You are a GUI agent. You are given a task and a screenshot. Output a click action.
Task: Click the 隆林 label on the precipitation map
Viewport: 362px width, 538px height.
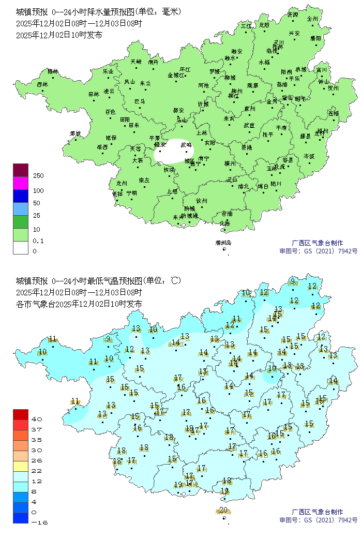point(53,71)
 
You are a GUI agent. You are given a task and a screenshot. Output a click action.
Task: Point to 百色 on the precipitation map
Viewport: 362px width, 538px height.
point(110,111)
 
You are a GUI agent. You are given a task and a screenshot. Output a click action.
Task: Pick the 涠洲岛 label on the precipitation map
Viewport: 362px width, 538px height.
point(223,243)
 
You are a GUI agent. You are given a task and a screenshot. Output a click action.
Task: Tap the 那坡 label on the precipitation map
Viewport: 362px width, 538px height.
point(76,133)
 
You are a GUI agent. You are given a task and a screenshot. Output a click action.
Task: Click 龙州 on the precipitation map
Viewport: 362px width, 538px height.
point(122,183)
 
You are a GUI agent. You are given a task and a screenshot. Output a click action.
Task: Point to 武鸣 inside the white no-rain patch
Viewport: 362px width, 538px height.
point(186,145)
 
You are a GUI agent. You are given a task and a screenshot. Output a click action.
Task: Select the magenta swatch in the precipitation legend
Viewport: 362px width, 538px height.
point(20,183)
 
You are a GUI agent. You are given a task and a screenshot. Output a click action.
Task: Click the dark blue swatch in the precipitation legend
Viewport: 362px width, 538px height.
point(20,196)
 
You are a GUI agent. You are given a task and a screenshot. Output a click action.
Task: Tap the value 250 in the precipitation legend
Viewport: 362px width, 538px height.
point(38,176)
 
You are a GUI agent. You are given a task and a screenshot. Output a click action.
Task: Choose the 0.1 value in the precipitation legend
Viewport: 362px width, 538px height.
point(38,241)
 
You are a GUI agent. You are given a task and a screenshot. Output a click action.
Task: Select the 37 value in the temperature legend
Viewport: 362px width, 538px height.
point(37,429)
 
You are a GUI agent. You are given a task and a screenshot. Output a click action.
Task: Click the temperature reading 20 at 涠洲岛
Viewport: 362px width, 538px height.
point(223,510)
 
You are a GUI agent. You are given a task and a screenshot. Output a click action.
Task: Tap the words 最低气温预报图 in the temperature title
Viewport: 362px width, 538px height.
point(111,281)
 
